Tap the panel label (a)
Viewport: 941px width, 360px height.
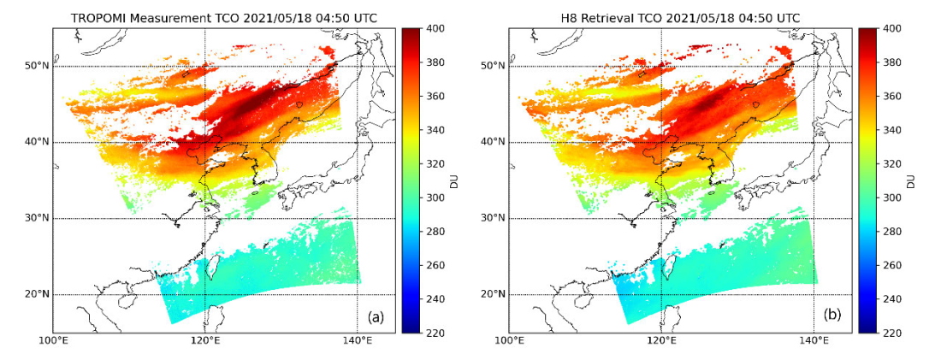click(375, 316)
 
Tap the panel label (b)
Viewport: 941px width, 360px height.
click(831, 316)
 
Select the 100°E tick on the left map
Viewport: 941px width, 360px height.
click(53, 342)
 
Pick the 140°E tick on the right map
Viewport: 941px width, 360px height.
click(813, 342)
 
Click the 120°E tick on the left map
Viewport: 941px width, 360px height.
click(205, 342)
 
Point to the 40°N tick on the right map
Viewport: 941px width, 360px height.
click(493, 142)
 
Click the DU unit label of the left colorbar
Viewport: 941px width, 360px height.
click(465, 180)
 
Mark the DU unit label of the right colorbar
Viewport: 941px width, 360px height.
click(920, 180)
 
